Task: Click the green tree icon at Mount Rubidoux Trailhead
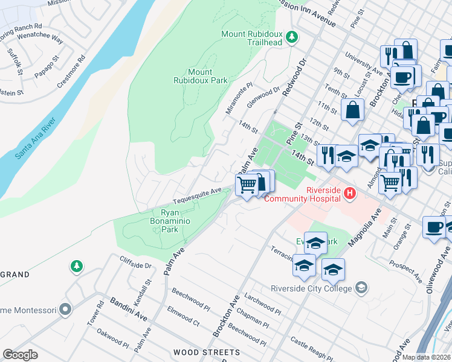292,37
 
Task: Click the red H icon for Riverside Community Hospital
349,193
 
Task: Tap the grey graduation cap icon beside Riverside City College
361,287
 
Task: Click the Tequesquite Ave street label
197,197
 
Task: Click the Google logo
20,354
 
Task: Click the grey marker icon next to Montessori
65,310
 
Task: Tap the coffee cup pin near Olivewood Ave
433,227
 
